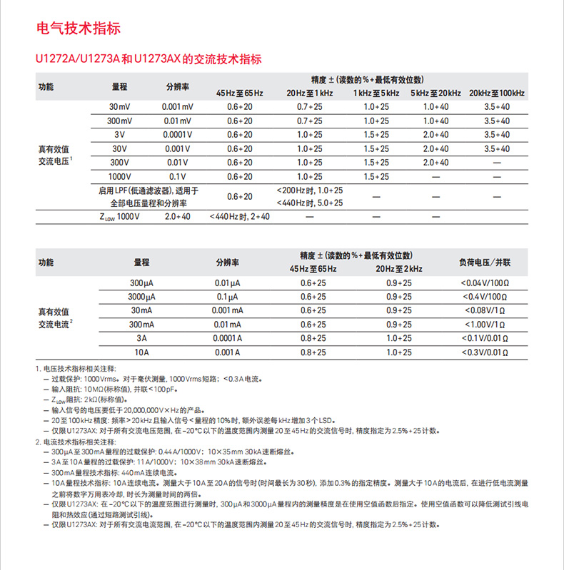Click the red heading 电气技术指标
(79, 29)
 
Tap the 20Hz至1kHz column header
(309, 93)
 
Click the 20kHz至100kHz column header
(497, 93)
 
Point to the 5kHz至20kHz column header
(435, 93)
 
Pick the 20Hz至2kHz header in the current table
(399, 269)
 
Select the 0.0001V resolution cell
(178, 135)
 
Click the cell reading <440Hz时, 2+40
(239, 216)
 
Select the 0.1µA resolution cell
(228, 297)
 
